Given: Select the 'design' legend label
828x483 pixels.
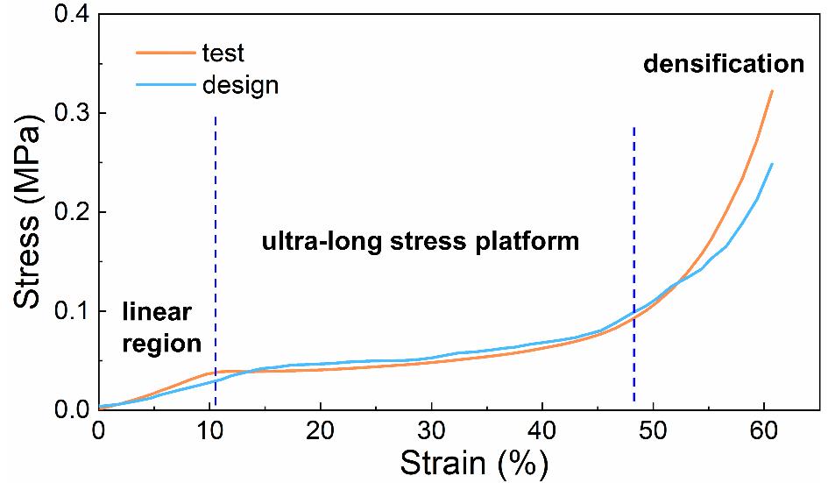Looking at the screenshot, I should point(240,85).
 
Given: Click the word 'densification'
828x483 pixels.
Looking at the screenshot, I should point(723,64).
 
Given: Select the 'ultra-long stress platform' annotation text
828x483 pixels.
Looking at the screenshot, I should point(421,242).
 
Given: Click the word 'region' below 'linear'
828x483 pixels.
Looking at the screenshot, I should point(161,343).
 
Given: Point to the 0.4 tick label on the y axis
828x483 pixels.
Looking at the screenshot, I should point(66,15).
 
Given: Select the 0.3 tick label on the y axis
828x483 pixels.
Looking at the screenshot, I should point(66,113).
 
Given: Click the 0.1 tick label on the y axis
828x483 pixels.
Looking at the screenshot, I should point(66,311).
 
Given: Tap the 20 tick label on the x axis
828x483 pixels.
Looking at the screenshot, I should point(321,429).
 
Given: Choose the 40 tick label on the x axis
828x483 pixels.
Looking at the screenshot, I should point(542,429).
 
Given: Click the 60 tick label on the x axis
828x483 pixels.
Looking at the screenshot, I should point(764,429).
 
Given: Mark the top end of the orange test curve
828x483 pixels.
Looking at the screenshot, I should point(771,90).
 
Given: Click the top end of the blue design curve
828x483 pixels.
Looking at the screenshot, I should point(771,164).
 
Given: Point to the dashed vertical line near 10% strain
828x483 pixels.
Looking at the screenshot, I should point(215,263).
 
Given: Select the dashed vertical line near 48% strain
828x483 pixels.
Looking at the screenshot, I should point(633,263).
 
